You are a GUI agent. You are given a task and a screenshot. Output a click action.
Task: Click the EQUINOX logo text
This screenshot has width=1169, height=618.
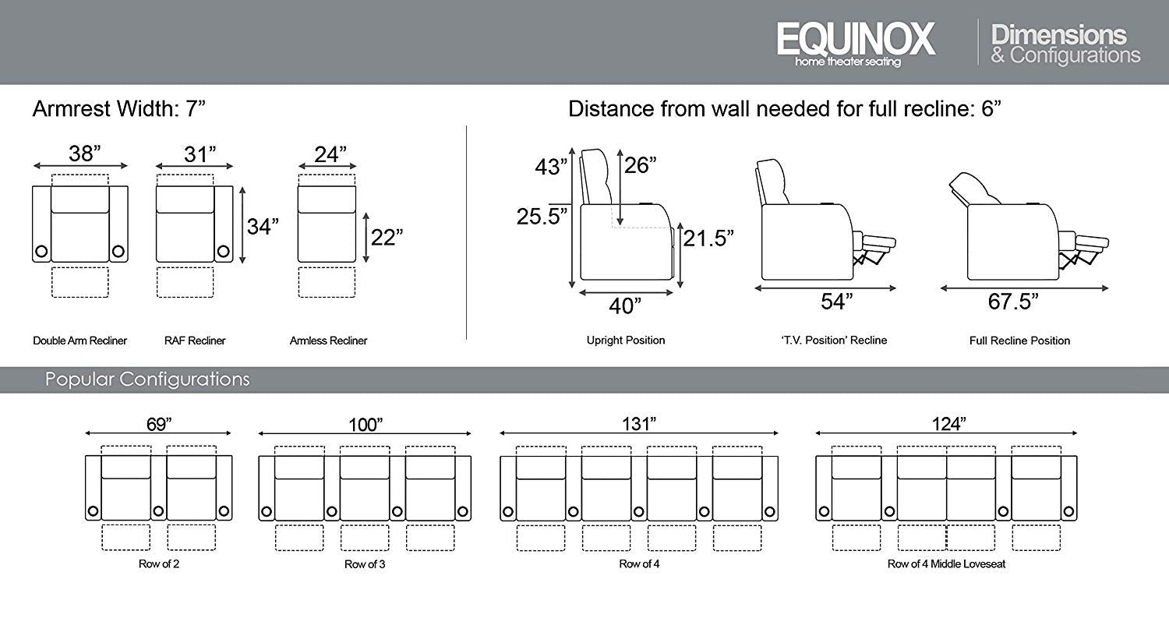pos(856,39)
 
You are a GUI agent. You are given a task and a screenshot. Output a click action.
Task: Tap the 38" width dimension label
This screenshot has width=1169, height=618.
pos(84,154)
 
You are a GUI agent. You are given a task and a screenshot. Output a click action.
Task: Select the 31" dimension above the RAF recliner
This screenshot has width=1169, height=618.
pos(200,154)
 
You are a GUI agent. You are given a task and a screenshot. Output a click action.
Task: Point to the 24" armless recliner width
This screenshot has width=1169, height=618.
pos(330,154)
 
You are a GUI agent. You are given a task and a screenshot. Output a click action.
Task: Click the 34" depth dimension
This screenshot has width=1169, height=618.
pos(263,227)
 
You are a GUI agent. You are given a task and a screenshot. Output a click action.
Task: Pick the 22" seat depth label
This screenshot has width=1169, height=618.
pos(387,238)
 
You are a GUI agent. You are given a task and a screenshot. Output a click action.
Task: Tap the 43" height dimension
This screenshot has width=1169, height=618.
pos(551,167)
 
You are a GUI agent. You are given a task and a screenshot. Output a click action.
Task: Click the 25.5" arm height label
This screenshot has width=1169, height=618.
pos(542,216)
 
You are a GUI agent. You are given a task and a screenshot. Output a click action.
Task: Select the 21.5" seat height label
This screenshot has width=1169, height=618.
pos(708,238)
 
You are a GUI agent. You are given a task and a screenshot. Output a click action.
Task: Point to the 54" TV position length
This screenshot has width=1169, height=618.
pos(836,302)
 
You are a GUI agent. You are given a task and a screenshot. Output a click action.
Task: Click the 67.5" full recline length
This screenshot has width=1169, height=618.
pos(1013,302)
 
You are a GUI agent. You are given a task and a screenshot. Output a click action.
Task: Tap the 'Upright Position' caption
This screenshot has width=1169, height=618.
pos(626,341)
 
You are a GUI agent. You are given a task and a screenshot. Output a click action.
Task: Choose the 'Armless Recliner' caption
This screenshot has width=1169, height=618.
pos(328,341)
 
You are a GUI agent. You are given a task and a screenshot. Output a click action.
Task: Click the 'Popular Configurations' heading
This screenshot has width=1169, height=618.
pos(147,380)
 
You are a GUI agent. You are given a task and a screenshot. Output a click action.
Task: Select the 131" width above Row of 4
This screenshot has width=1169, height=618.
pos(639,424)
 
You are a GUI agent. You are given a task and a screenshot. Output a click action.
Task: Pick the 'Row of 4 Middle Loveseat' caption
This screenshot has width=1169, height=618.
pos(946,563)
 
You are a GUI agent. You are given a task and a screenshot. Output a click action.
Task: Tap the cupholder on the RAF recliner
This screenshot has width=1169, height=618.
pos(224,252)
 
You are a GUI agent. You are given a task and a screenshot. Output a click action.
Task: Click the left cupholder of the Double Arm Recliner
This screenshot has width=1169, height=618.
pos(41,252)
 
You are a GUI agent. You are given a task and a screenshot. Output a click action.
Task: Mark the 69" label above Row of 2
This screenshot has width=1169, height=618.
pos(159,425)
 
